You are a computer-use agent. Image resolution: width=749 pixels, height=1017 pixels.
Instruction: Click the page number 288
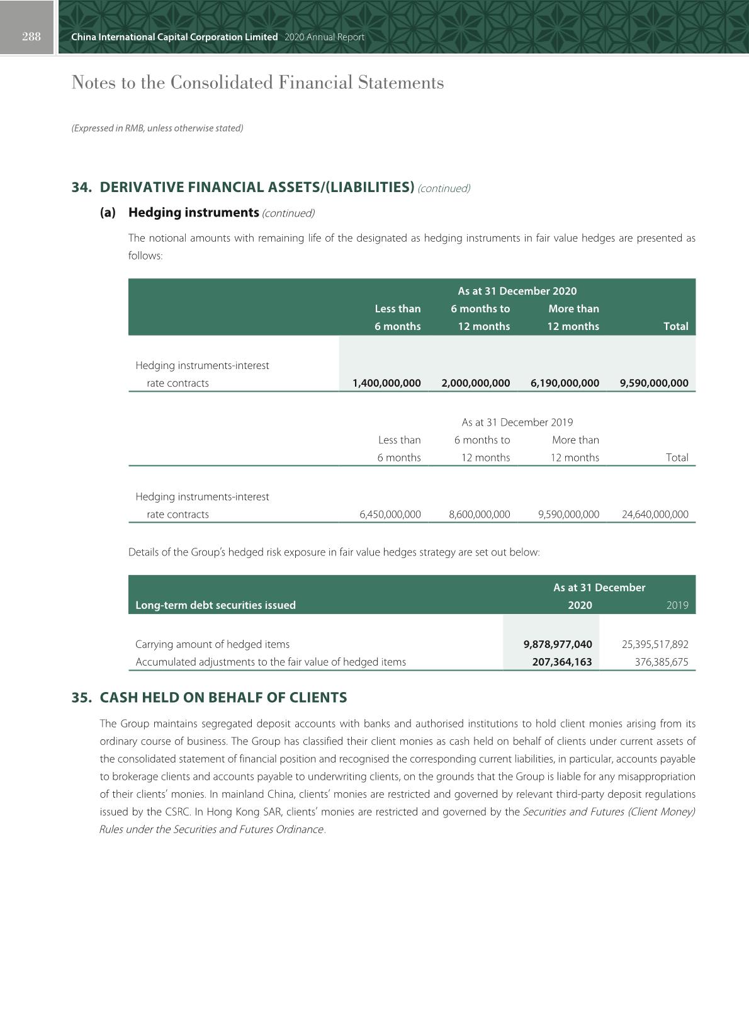pyautogui.click(x=31, y=37)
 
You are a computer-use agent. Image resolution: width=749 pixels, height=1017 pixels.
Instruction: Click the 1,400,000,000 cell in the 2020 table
pyautogui.click(x=386, y=383)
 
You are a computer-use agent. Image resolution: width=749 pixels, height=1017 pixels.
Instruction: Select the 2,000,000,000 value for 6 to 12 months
pyautogui.click(x=476, y=383)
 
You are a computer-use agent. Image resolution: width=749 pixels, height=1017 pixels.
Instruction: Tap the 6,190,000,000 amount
pyautogui.click(x=565, y=383)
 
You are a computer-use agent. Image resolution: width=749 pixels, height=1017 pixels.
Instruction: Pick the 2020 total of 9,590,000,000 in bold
pyautogui.click(x=654, y=383)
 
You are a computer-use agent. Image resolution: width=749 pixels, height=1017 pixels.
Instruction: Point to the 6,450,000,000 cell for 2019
pyautogui.click(x=390, y=514)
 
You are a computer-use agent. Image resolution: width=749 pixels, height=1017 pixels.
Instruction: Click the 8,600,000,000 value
pyautogui.click(x=480, y=514)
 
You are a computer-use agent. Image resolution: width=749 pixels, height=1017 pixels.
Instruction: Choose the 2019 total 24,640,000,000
pyautogui.click(x=655, y=514)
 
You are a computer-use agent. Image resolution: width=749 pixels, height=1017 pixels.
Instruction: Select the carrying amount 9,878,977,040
pyautogui.click(x=558, y=644)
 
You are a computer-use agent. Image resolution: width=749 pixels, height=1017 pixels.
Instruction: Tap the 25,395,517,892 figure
pyautogui.click(x=655, y=644)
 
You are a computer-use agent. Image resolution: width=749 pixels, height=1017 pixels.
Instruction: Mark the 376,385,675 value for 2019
pyautogui.click(x=662, y=662)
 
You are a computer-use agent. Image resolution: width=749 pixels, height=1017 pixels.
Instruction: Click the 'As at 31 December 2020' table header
pyautogui.click(x=517, y=291)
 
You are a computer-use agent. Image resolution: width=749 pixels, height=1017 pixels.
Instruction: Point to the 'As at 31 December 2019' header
pyautogui.click(x=517, y=422)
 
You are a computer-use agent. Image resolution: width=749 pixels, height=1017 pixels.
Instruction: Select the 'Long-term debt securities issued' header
pyautogui.click(x=215, y=605)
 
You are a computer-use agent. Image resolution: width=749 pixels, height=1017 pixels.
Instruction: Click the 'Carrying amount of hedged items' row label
pyautogui.click(x=213, y=644)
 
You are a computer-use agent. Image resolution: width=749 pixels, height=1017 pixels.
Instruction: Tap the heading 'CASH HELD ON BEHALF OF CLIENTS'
pyautogui.click(x=223, y=698)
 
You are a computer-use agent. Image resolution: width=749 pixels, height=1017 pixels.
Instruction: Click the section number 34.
pyautogui.click(x=81, y=188)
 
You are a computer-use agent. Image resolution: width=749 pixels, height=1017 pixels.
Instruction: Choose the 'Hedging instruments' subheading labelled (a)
pyautogui.click(x=193, y=213)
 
